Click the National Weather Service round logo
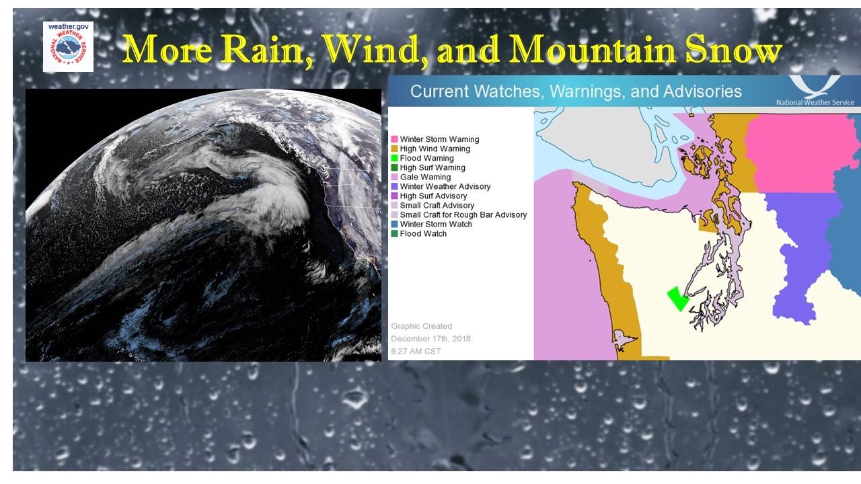(68, 48)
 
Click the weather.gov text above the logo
(68, 26)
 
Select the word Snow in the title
(733, 49)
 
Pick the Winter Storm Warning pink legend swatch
(394, 139)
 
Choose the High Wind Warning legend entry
(430, 149)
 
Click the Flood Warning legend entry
(422, 158)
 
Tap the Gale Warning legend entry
(421, 177)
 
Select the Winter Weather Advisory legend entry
(441, 186)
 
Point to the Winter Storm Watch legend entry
(431, 225)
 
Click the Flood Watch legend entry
(419, 233)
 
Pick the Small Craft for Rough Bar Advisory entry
(459, 214)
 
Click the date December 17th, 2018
(431, 339)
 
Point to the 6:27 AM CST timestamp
(416, 352)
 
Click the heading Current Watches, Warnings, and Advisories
(576, 91)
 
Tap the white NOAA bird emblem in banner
(814, 87)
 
